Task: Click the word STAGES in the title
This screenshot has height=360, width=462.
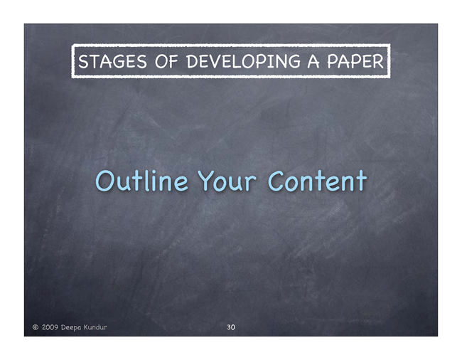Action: [x=112, y=61]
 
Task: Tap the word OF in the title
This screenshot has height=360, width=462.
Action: [x=166, y=61]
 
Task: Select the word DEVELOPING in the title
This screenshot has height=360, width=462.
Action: [x=243, y=61]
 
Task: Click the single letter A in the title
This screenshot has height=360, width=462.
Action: [x=313, y=61]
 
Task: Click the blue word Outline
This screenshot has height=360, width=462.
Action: [x=141, y=180]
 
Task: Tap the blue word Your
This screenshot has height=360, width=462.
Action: [x=227, y=181]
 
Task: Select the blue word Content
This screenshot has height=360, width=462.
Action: [x=317, y=180]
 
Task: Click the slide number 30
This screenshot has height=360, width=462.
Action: [x=231, y=327]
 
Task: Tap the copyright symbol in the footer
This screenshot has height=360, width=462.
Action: [x=36, y=327]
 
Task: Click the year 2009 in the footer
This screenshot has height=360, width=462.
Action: [x=50, y=327]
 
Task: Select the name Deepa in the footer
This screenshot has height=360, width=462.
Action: [x=71, y=327]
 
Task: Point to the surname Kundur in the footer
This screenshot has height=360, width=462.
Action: [x=95, y=327]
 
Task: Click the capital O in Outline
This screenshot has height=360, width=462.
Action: [x=105, y=180]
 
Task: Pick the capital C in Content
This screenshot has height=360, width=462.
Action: [x=277, y=180]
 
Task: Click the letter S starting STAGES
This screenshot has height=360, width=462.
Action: [x=83, y=62]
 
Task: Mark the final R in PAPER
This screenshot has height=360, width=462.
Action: [x=378, y=62]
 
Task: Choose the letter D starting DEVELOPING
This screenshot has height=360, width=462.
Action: [x=193, y=62]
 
